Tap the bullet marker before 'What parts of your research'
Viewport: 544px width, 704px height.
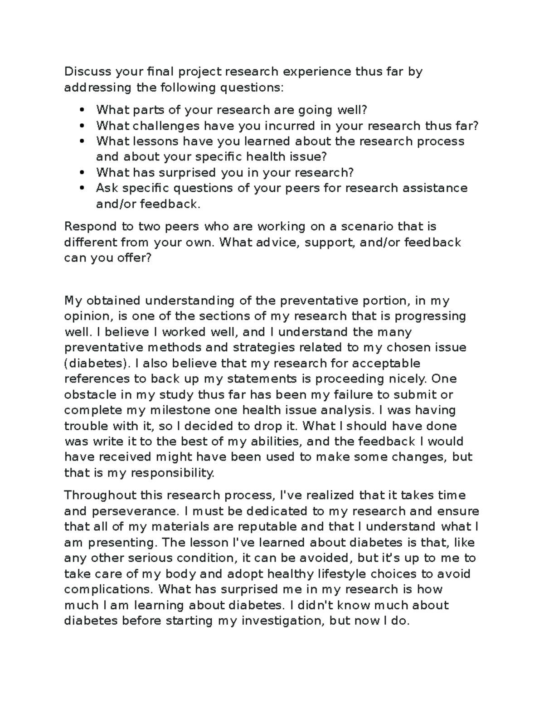pos(82,110)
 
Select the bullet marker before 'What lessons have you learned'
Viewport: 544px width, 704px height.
pos(82,141)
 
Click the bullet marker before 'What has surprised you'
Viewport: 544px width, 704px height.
pos(82,173)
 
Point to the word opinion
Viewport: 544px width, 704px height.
pos(87,316)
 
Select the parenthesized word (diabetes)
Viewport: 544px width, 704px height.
pos(96,363)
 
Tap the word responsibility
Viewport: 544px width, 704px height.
pos(172,473)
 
